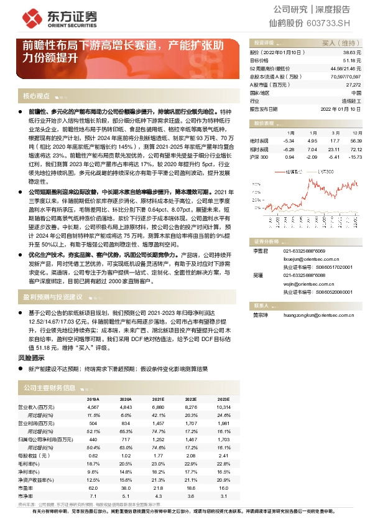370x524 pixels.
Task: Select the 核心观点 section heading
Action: pyautogui.click(x=35, y=96)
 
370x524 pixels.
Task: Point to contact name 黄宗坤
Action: pyautogui.click(x=260, y=316)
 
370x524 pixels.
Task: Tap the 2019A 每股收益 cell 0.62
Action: pyautogui.click(x=93, y=456)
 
